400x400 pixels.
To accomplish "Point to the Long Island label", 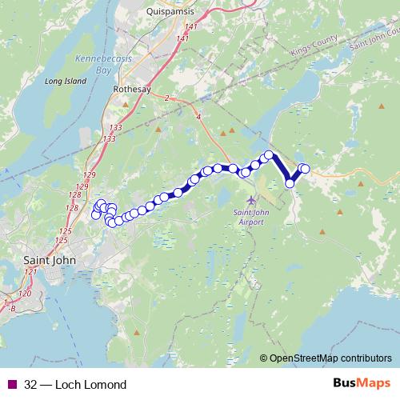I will click(42, 81).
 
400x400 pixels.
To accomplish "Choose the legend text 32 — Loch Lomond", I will click(75, 385).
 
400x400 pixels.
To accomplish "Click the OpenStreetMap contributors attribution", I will click(330, 358).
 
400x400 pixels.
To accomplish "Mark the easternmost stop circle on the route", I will click(304, 168).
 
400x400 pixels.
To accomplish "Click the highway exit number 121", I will click(30, 273).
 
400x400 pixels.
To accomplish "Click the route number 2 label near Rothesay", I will click(166, 98).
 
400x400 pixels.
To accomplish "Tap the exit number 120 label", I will click(24, 294).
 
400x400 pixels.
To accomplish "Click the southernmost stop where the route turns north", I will click(290, 184).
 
